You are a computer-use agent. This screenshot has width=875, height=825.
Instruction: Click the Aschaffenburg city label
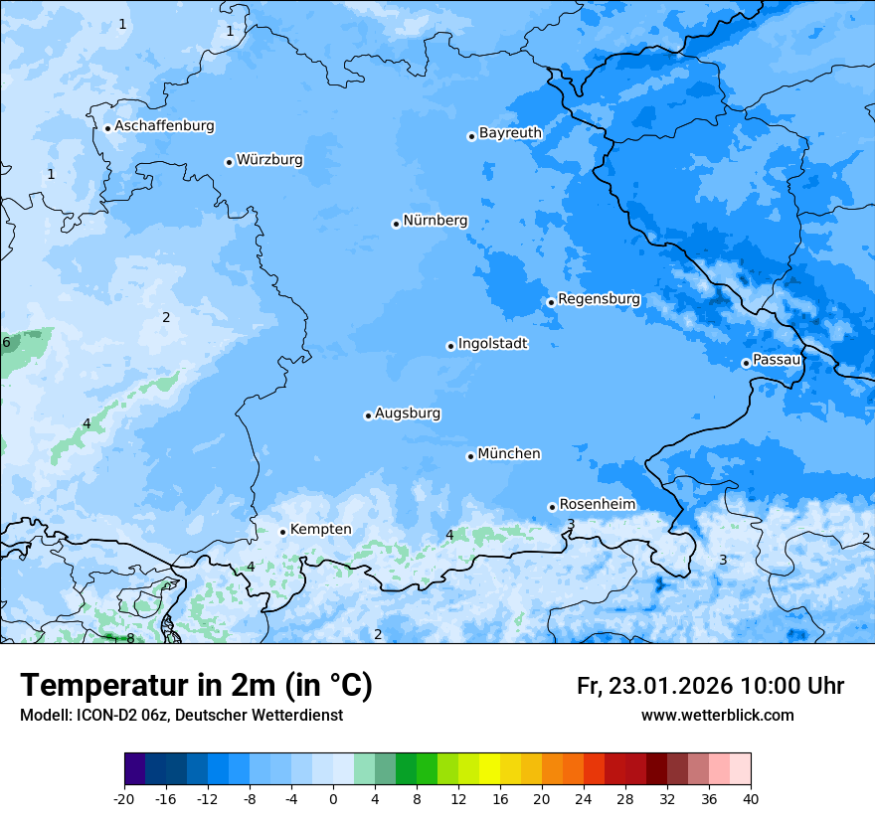(164, 126)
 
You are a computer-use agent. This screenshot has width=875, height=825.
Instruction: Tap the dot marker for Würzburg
(229, 162)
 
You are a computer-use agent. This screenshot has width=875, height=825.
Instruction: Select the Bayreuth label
(510, 132)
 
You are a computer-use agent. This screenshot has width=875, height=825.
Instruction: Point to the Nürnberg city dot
(396, 224)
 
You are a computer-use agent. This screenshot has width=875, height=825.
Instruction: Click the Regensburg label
(599, 299)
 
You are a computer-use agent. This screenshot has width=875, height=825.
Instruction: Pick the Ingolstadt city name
(492, 344)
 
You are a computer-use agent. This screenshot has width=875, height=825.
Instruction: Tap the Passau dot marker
(746, 363)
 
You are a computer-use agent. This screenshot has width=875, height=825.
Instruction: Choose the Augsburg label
(408, 413)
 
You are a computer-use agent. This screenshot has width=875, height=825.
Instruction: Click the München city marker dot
(470, 456)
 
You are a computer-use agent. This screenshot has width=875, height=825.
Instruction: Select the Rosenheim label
(597, 505)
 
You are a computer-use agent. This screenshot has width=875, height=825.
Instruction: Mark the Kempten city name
(320, 530)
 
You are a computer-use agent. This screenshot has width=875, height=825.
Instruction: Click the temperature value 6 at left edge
(6, 343)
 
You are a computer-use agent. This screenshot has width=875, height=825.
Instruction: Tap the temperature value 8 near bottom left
(130, 638)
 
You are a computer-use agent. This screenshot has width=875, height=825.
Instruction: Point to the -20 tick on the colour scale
(124, 798)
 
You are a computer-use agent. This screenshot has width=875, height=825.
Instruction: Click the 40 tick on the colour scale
(751, 798)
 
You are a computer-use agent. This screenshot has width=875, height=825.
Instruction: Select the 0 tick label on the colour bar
(333, 798)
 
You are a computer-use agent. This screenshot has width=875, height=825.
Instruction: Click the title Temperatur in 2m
(196, 685)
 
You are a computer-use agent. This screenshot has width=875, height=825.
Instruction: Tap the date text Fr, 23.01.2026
(654, 686)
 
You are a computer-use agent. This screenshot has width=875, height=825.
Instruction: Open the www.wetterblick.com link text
(717, 715)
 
